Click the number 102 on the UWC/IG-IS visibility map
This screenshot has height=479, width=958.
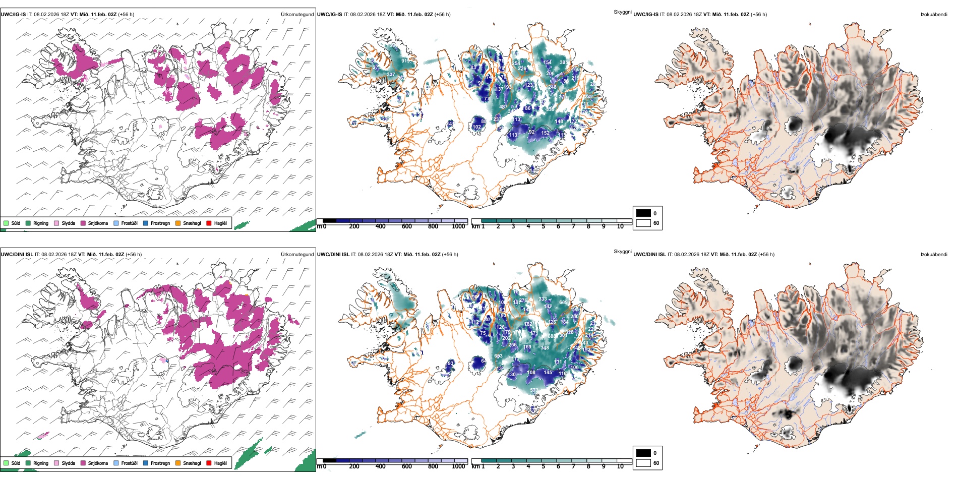pos(476,127)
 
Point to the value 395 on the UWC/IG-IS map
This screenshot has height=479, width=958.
pos(564,63)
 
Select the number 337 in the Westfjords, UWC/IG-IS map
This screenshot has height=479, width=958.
pos(391,75)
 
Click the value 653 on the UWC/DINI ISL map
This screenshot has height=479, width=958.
pos(498,356)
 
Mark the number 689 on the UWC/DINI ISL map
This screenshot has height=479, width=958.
pos(563,303)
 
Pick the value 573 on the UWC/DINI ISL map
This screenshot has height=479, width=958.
pos(534,390)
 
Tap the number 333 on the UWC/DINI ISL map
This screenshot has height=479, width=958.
pos(543,299)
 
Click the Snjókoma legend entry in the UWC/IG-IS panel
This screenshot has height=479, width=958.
pos(98,223)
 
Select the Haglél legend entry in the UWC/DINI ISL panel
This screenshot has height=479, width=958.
pos(220,463)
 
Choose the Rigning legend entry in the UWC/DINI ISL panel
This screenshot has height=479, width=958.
pos(41,463)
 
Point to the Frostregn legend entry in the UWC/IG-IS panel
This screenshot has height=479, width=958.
pos(160,223)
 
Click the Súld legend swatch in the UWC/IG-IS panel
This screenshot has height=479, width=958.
pos(6,223)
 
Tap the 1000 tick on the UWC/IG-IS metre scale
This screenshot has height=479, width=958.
pos(458,226)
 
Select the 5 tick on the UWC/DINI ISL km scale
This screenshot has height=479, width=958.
pos(543,466)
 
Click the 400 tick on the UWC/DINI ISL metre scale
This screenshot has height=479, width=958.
pos(380,466)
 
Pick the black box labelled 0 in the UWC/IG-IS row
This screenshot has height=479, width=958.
pos(643,213)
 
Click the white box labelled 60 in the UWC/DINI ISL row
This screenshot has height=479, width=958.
pos(643,463)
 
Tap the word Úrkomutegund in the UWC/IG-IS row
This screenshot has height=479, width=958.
pos(297,15)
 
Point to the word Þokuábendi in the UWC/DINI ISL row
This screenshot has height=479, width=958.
pos(934,255)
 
